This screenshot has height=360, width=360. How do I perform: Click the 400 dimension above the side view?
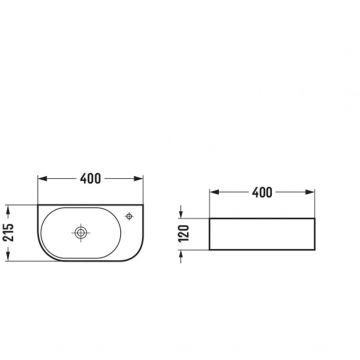[265, 190]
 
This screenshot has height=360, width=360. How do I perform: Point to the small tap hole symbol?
[131, 216]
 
